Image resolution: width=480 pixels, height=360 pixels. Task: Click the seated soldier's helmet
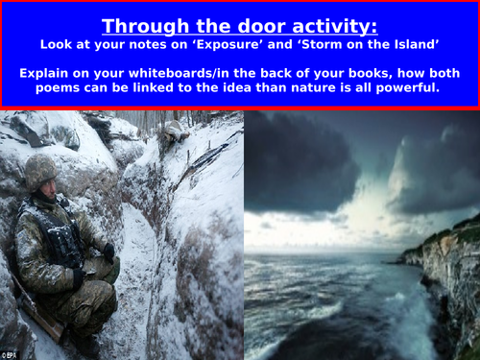coord(40,173)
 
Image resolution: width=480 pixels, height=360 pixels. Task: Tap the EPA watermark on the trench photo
coord(13,354)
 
